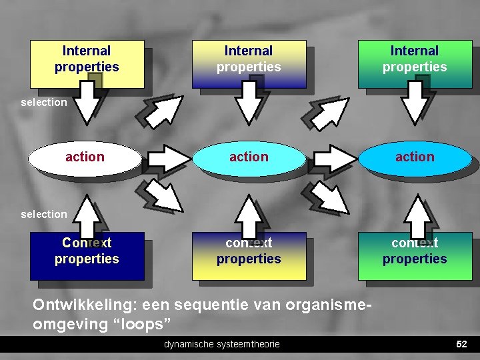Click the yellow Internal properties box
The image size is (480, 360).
point(87,64)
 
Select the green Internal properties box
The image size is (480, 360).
point(414,64)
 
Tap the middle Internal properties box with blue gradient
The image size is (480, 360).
point(249,64)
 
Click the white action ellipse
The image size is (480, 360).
point(85,157)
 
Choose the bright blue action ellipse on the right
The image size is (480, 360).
point(414,157)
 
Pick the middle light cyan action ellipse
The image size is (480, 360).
point(249,157)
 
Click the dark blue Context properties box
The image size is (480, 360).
point(87,256)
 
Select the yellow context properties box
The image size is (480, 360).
point(249,256)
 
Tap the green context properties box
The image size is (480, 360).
point(414,256)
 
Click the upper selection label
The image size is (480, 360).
point(44,103)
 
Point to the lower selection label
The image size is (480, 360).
point(44,215)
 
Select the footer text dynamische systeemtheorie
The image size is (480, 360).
point(222,344)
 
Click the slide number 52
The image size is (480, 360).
point(461,344)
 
